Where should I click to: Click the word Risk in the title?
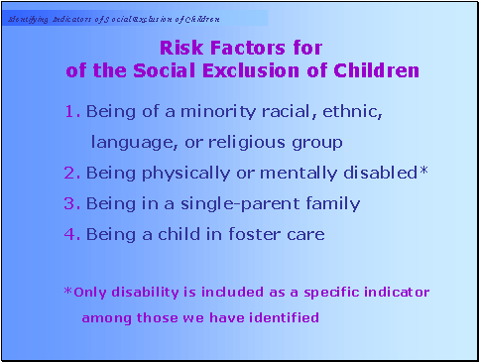[x=180, y=47]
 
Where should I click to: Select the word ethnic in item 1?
[x=352, y=112]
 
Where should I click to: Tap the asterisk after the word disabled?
[x=424, y=171]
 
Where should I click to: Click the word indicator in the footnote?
[x=394, y=292]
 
